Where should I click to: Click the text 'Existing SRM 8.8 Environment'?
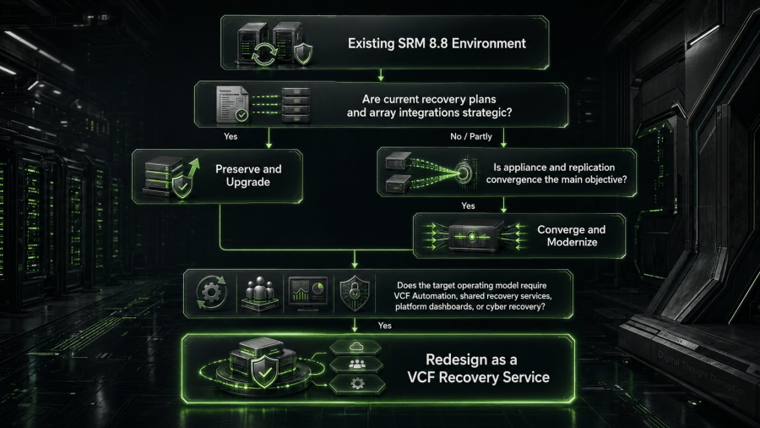(x=437, y=44)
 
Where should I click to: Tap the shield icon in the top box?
(x=303, y=53)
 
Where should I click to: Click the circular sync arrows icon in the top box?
(x=263, y=54)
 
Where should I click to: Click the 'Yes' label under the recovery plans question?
(x=231, y=136)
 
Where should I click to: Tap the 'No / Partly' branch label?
(x=471, y=137)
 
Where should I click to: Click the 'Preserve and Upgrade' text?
(x=248, y=176)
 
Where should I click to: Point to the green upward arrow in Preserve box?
(x=193, y=169)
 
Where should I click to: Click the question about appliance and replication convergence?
(x=556, y=173)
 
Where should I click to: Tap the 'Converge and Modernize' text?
(x=572, y=236)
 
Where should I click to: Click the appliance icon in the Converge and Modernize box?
(x=473, y=236)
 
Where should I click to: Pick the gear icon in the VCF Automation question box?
(x=211, y=293)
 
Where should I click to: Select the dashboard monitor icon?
(x=308, y=294)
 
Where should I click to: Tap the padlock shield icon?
(x=355, y=294)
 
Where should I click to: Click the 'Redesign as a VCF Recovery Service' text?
(x=478, y=368)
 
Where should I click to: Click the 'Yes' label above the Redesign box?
(x=385, y=326)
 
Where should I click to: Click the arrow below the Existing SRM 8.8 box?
(x=381, y=75)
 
